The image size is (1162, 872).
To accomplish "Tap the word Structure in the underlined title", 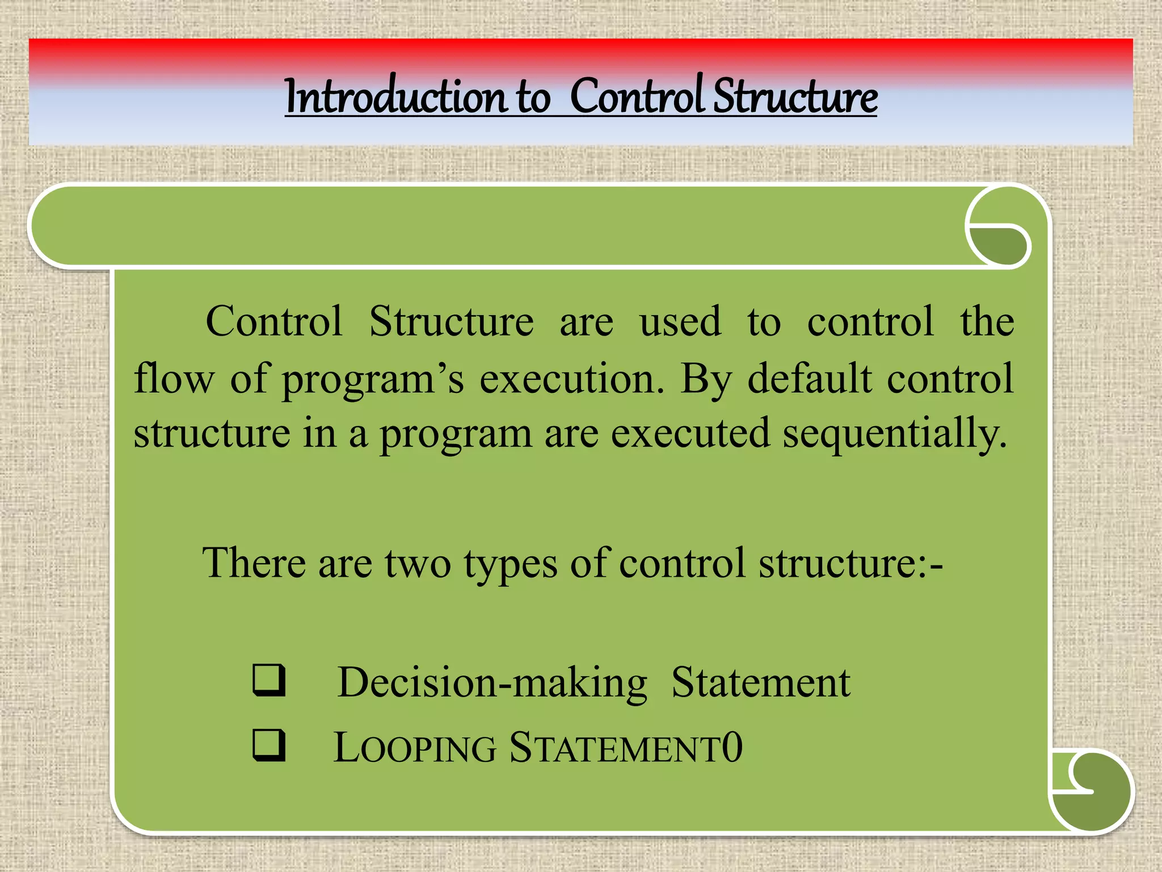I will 795,97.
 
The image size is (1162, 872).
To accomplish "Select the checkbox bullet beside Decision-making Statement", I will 268,680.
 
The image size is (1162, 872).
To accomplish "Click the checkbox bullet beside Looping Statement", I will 268,745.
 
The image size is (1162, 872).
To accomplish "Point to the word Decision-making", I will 492,682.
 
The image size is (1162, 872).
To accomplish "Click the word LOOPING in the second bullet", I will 415,748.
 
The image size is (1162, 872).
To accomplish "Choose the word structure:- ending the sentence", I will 851,564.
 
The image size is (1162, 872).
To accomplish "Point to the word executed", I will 690,434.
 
